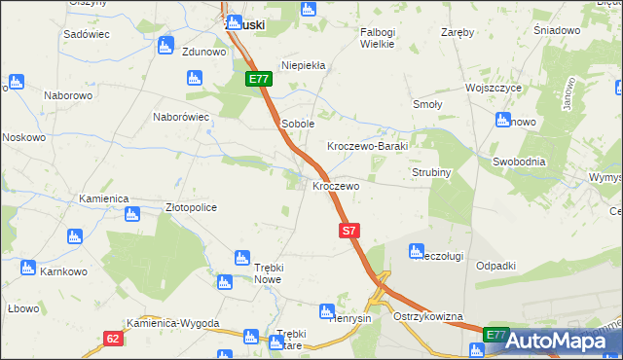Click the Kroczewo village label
(336, 185)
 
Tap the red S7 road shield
(351, 231)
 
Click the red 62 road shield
(114, 338)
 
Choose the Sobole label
(298, 124)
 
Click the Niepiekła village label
(309, 66)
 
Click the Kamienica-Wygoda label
(172, 323)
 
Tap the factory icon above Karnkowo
(27, 267)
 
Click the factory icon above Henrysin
(327, 311)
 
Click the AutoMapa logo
(553, 341)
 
